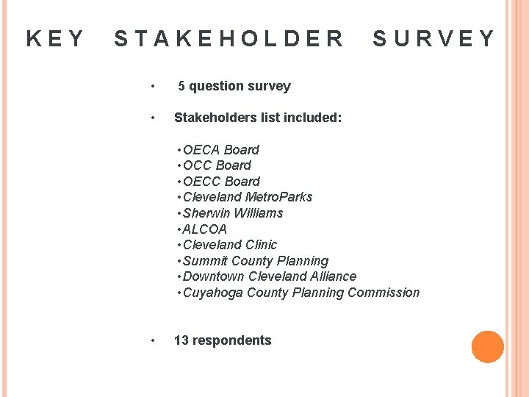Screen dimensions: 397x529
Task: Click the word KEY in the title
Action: pyautogui.click(x=55, y=38)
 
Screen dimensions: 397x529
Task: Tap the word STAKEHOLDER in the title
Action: pyautogui.click(x=228, y=38)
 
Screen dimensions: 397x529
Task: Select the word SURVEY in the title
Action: pyautogui.click(x=433, y=38)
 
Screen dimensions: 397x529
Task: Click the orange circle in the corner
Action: pyautogui.click(x=488, y=347)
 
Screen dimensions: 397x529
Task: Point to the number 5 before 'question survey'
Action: pyautogui.click(x=181, y=86)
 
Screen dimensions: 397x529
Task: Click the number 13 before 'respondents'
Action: pyautogui.click(x=181, y=340)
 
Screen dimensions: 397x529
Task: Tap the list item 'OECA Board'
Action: pyautogui.click(x=220, y=150)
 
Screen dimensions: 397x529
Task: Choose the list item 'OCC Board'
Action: pyautogui.click(x=217, y=165)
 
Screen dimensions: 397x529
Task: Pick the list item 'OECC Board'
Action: pyautogui.click(x=221, y=182)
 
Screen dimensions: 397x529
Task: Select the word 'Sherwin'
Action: pyautogui.click(x=206, y=213)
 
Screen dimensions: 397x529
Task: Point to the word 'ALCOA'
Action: pyautogui.click(x=205, y=229)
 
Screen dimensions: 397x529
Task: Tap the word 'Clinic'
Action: pyautogui.click(x=262, y=245)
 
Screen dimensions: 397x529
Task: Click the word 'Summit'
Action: pyautogui.click(x=205, y=261)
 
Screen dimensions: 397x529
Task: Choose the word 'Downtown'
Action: pyautogui.click(x=214, y=276)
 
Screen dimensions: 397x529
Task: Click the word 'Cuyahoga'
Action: pyautogui.click(x=213, y=293)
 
